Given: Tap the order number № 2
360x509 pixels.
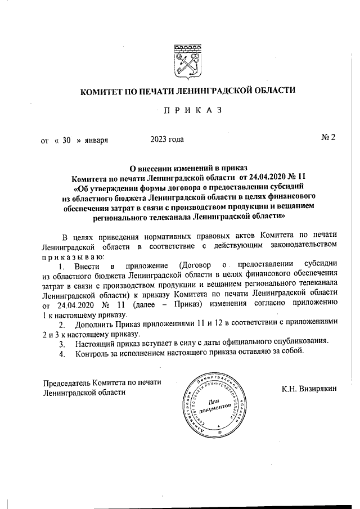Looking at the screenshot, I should (328, 138).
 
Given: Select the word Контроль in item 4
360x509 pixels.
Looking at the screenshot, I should (93, 353).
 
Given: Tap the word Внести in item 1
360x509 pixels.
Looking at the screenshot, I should (87, 265).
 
